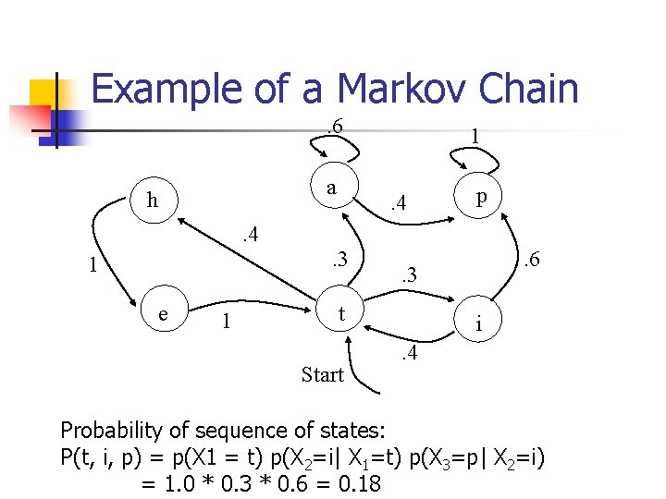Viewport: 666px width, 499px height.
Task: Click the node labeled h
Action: tap(153, 200)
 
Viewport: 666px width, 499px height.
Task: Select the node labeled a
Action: tap(330, 188)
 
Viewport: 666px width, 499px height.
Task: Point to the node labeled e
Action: tap(163, 313)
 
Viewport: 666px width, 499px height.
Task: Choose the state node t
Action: tap(342, 313)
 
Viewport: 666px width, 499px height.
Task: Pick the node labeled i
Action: tap(478, 324)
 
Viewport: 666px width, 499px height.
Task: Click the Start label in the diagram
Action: tap(323, 375)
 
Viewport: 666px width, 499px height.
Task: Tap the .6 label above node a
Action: tap(334, 125)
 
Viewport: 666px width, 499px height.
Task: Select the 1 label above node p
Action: tap(474, 135)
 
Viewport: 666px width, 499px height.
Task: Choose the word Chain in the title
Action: tap(530, 89)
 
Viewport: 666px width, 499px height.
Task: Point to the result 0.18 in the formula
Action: tap(353, 482)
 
